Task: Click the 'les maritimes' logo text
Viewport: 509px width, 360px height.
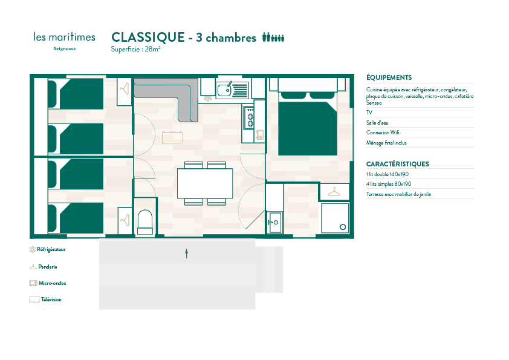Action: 64,37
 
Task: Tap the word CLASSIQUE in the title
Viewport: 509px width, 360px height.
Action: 148,38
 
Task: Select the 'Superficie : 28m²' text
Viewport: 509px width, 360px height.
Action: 135,49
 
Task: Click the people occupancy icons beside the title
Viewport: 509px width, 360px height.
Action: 273,38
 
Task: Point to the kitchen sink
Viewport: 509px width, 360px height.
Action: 232,90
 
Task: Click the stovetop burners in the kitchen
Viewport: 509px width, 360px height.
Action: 250,117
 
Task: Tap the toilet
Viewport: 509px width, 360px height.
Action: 145,222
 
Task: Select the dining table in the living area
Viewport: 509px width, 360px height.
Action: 205,183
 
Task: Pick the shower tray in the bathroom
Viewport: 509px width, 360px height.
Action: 335,218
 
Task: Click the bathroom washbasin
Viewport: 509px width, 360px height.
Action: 275,223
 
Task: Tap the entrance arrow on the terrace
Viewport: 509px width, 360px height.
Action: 187,254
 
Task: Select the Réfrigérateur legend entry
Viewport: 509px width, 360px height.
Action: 47,249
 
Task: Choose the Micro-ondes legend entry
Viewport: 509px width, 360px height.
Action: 47,283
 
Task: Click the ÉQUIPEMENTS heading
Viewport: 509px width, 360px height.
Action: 389,77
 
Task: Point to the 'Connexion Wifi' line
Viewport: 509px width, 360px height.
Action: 383,133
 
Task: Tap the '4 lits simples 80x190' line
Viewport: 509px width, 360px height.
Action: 389,184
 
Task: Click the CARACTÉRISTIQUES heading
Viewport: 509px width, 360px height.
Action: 398,164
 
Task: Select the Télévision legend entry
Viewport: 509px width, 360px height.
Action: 45,299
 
